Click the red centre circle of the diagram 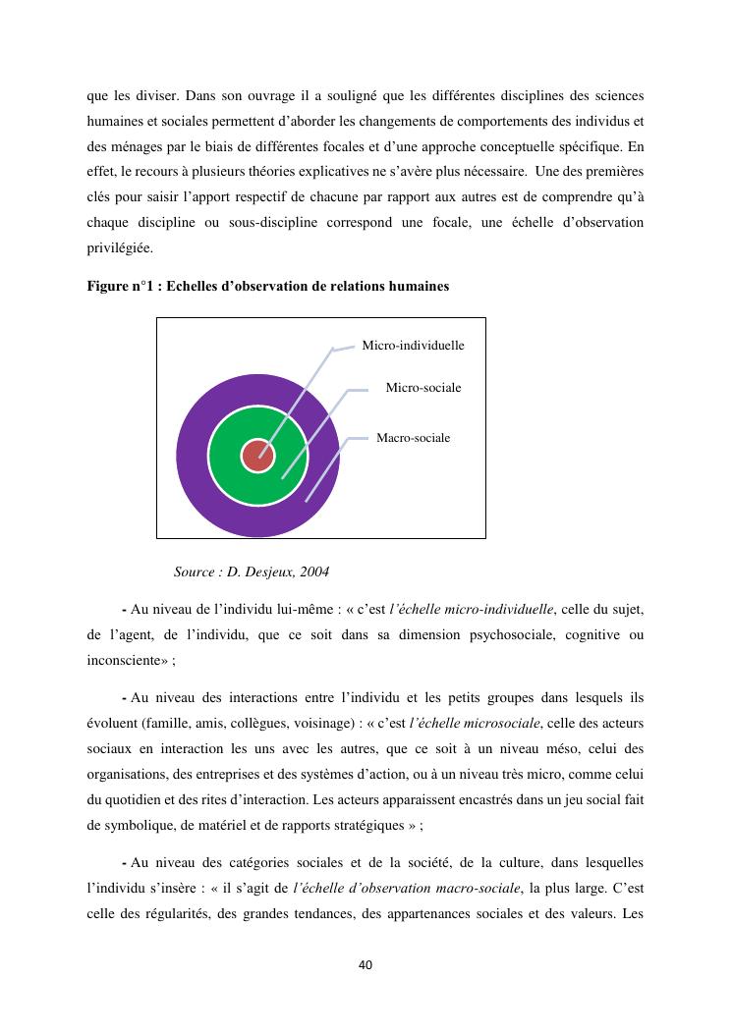pyautogui.click(x=257, y=456)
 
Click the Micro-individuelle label pyautogui.click(x=413, y=346)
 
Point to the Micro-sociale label pyautogui.click(x=422, y=388)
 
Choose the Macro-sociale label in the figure pyautogui.click(x=413, y=438)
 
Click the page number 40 pyautogui.click(x=366, y=965)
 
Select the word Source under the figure pyautogui.click(x=197, y=571)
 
